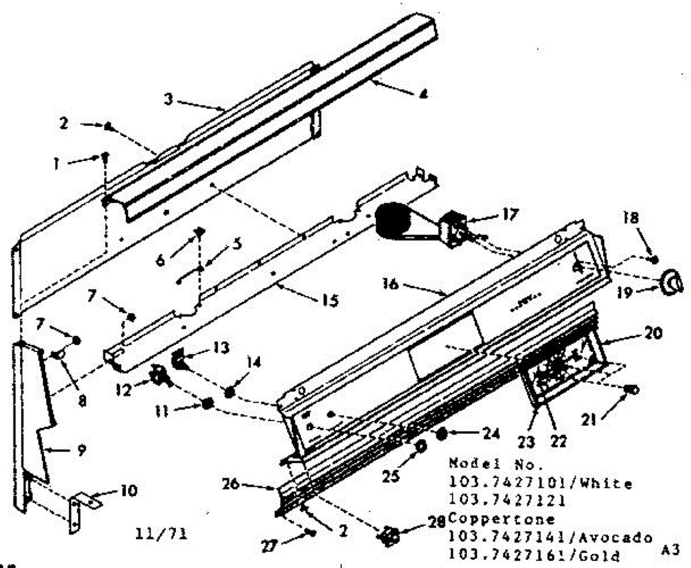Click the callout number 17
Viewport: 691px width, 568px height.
tap(509, 215)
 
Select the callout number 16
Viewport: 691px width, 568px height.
tap(393, 284)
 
